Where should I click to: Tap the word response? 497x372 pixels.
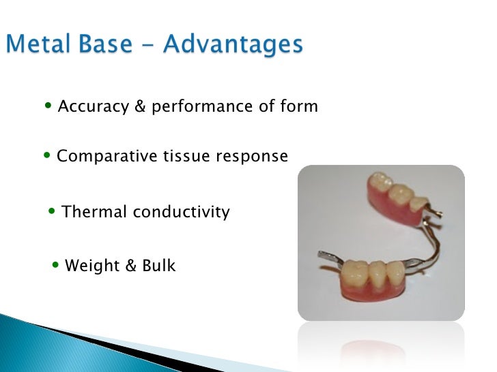point(252,157)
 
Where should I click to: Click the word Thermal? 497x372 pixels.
point(94,212)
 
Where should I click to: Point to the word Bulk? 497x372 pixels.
point(158,266)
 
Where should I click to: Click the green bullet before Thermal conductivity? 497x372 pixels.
point(54,211)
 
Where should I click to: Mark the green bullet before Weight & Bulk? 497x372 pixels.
point(57,265)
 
